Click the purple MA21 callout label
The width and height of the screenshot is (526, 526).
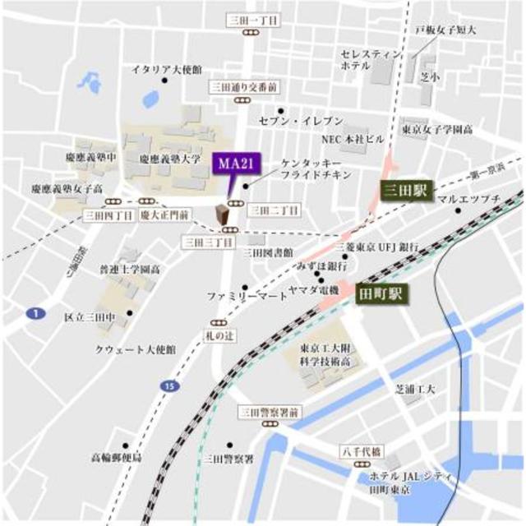click(232, 163)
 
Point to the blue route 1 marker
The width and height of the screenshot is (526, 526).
click(33, 313)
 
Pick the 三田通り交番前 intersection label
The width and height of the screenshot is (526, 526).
click(243, 85)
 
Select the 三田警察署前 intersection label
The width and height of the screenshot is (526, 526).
click(270, 411)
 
